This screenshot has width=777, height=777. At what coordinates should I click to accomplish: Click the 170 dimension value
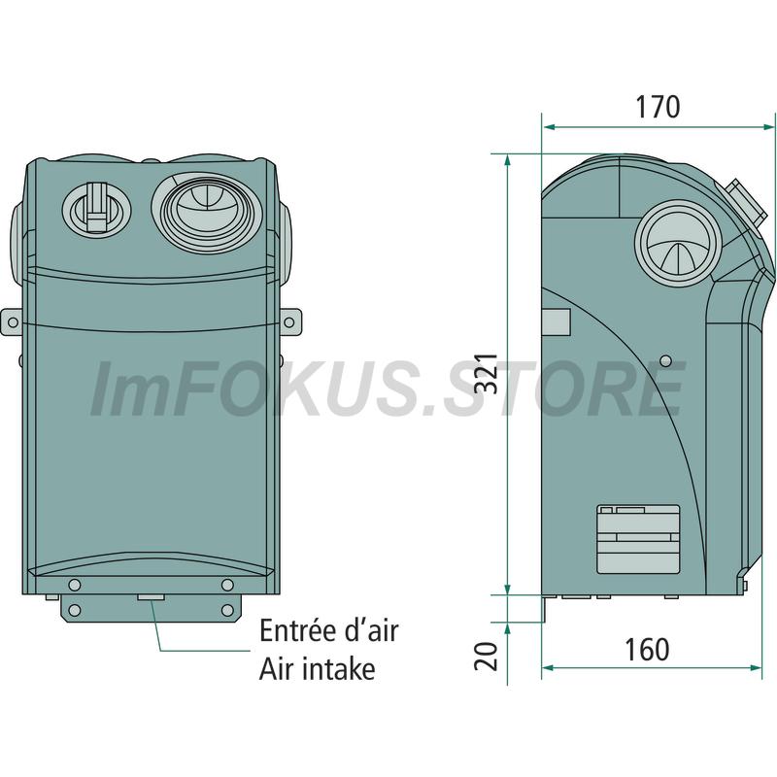coord(658,107)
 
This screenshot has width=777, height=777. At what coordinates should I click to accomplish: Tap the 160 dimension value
coord(647,649)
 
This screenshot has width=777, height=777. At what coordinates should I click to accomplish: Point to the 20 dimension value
coord(485,657)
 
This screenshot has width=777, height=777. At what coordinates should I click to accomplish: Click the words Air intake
coord(318,668)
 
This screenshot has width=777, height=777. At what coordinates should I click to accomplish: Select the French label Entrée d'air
coord(328,630)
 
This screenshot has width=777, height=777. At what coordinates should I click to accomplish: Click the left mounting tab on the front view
coord(12,322)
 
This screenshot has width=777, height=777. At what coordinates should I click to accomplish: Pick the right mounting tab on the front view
coord(290,322)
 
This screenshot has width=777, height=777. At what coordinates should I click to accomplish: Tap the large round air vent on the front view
coord(207,212)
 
